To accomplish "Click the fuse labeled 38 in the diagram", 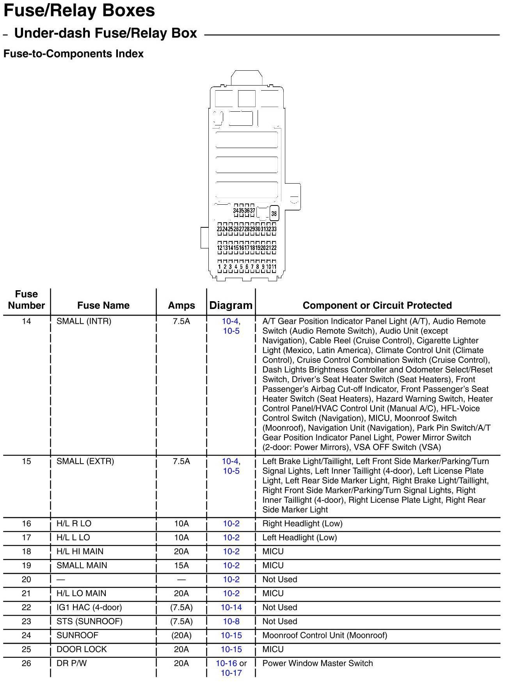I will tap(274, 213).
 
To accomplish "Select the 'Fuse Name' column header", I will tap(103, 305).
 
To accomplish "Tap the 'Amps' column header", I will tap(181, 305).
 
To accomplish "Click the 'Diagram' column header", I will tap(231, 305).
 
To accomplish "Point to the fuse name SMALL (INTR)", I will tap(84, 321).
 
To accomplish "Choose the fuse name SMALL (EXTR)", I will tap(85, 461).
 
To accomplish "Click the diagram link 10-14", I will tap(231, 607).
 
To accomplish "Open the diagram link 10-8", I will tap(231, 621).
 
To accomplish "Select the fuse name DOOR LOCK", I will tap(82, 649).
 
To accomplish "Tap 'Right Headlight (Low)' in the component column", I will tap(302, 523).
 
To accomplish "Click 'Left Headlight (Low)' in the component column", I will tap(300, 538).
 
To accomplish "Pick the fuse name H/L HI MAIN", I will tap(80, 552).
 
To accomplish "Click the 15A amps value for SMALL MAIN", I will tap(181, 566).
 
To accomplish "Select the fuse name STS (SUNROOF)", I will tap(89, 621).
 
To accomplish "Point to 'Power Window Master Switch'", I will tap(318, 663).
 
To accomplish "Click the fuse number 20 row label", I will tap(26, 580).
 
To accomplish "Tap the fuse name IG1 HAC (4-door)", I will tap(89, 607).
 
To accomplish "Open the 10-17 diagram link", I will tap(231, 673).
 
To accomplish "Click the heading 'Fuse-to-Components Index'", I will tap(73, 54).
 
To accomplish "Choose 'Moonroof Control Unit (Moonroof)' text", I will tap(325, 636).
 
